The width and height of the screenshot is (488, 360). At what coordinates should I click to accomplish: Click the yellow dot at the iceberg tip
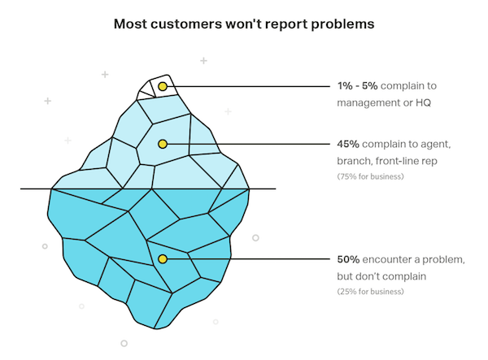click(163, 86)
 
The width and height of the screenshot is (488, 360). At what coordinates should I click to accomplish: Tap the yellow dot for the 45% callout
click(163, 144)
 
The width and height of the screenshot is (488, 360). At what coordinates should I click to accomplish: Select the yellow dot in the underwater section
click(163, 259)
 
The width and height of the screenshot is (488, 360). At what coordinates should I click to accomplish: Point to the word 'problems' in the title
click(342, 24)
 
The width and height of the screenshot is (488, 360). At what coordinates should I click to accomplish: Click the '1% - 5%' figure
click(357, 86)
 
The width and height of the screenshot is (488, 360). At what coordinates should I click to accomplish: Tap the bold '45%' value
click(348, 144)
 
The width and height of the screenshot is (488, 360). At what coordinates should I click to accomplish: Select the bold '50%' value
click(348, 259)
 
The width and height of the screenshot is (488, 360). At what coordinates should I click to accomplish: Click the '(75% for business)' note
click(370, 176)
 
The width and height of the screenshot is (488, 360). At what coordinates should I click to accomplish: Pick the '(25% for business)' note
click(370, 292)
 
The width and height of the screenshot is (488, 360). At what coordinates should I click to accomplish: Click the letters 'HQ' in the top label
click(423, 102)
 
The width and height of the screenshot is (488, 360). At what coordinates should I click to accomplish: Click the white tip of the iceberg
click(157, 89)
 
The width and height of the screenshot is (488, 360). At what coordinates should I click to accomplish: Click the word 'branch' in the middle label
click(355, 161)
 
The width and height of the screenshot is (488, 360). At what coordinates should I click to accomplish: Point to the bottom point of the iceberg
click(155, 328)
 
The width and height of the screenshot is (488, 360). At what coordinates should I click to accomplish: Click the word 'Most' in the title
click(130, 24)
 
